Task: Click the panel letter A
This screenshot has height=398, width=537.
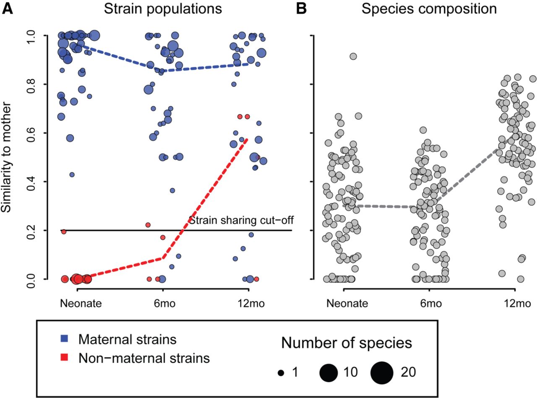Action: click(x=7, y=8)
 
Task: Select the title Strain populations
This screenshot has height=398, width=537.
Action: click(x=164, y=8)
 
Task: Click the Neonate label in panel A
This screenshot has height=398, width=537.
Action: click(x=78, y=303)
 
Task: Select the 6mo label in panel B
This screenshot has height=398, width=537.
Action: click(x=429, y=303)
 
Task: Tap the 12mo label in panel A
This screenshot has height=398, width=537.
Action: click(x=248, y=303)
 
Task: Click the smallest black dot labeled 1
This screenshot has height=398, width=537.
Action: click(x=281, y=373)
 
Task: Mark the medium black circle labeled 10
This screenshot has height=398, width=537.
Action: click(x=329, y=373)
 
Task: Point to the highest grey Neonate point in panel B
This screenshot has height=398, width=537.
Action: click(x=353, y=56)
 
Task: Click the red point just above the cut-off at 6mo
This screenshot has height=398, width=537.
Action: click(x=148, y=225)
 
